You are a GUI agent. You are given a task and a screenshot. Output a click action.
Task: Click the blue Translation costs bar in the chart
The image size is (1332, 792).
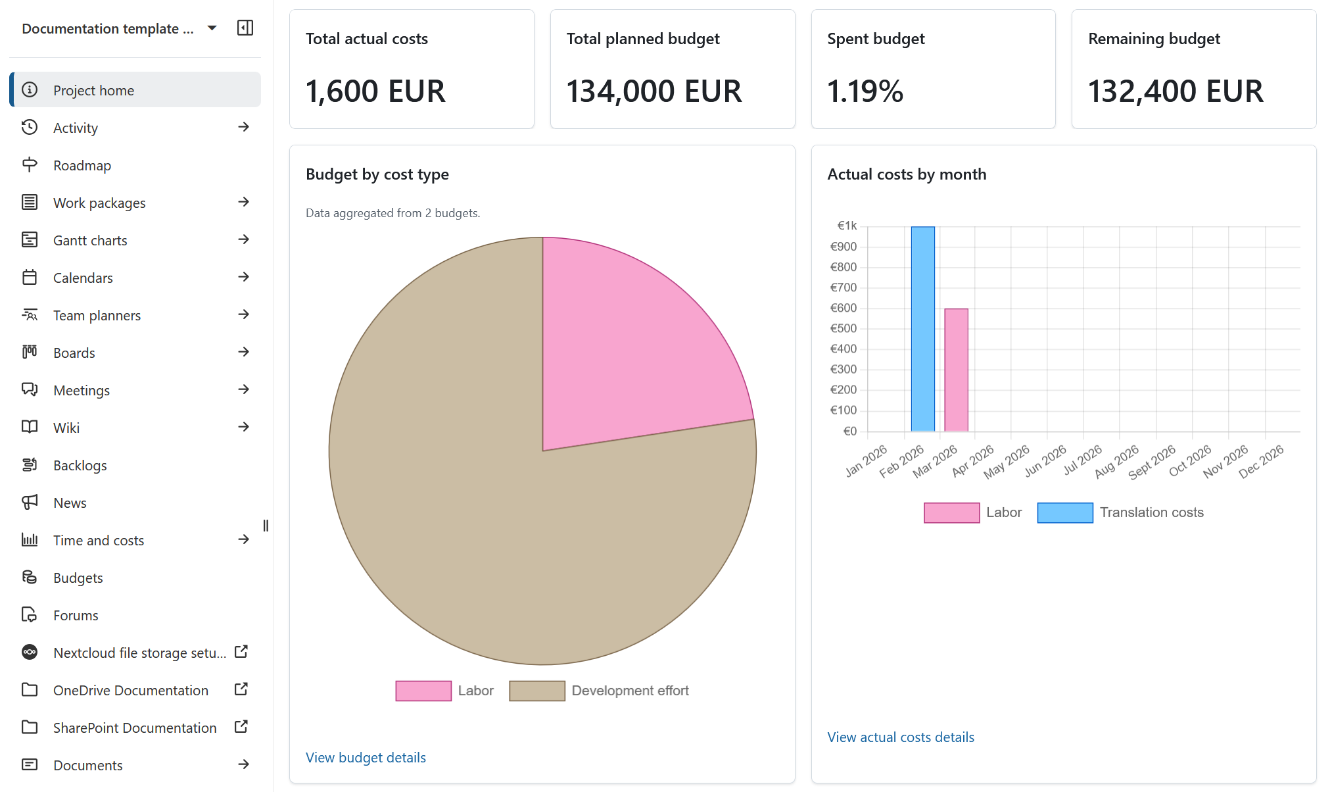(x=922, y=329)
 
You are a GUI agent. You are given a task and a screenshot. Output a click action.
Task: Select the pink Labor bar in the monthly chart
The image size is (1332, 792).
(x=956, y=370)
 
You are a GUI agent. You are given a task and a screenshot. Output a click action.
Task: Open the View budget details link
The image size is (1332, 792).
(x=366, y=758)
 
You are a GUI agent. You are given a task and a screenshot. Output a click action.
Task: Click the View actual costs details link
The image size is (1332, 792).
(x=900, y=737)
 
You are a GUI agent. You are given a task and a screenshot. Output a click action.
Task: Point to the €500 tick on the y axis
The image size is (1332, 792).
(x=844, y=328)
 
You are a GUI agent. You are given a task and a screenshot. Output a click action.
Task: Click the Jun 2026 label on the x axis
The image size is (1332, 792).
(x=1045, y=460)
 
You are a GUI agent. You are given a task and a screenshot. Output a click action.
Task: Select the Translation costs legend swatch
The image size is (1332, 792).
(x=1064, y=512)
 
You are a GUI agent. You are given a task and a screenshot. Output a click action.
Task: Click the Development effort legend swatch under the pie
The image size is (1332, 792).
(x=536, y=691)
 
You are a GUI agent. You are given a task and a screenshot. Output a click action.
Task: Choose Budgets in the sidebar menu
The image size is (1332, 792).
(x=78, y=578)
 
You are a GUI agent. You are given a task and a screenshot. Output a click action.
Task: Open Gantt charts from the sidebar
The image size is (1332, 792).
(x=90, y=240)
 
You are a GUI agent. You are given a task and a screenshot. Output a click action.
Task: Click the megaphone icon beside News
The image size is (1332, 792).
(x=30, y=503)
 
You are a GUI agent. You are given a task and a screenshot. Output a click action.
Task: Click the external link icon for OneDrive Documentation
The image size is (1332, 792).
(x=241, y=689)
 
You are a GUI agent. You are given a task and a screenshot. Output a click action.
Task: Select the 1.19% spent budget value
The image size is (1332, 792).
(x=865, y=91)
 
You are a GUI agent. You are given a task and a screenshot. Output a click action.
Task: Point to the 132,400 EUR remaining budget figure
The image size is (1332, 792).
(x=1176, y=91)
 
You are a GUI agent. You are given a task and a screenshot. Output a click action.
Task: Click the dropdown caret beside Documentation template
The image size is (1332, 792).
(x=212, y=28)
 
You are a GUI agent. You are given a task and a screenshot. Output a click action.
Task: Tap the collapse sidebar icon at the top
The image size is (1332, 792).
(x=245, y=28)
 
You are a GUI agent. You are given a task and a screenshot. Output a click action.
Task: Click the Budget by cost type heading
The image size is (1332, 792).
(x=377, y=174)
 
